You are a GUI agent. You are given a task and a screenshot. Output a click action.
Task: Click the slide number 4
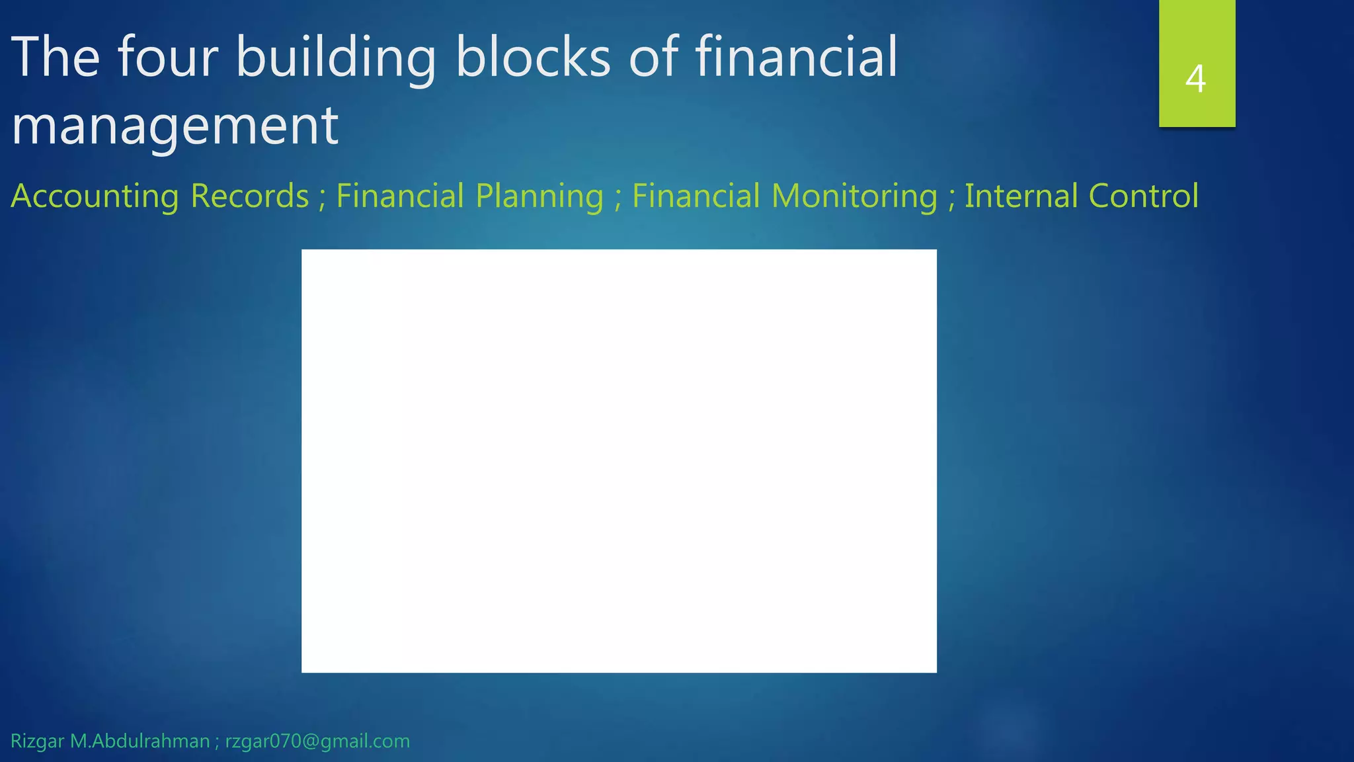click(1195, 79)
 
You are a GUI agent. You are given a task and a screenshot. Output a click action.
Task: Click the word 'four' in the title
click(168, 58)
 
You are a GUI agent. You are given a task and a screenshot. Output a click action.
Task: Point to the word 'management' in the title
click(175, 126)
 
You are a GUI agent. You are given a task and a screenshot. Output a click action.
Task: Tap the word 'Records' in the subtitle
click(250, 196)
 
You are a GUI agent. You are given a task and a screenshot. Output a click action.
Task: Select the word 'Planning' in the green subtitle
click(539, 196)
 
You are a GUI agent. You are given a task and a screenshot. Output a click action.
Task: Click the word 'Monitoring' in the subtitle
click(854, 196)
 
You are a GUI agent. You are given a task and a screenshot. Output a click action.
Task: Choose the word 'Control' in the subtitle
click(1143, 196)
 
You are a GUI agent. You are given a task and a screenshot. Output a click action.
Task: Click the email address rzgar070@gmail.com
click(317, 741)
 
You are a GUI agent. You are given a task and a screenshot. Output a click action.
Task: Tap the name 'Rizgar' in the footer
click(38, 741)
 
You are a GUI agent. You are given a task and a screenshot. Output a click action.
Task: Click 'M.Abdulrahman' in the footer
click(140, 741)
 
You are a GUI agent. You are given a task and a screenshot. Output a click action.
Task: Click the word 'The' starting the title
click(56, 58)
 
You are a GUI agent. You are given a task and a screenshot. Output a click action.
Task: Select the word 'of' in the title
click(653, 58)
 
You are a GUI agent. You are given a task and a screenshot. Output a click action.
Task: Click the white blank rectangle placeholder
click(619, 461)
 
